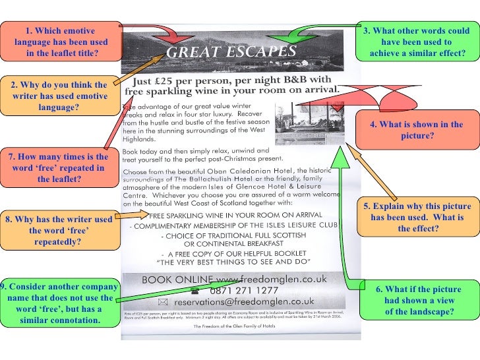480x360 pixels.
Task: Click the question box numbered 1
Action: point(60,42)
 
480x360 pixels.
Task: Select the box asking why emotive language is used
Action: point(59,96)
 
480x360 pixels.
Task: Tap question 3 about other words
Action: point(417,42)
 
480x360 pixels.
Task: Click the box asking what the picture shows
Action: point(417,130)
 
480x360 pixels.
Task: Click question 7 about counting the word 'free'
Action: point(59,167)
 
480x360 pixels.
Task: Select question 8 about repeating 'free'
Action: point(59,230)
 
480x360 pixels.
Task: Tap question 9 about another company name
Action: point(59,303)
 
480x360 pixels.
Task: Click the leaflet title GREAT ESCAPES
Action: point(231,51)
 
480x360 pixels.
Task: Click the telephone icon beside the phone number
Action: point(195,289)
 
